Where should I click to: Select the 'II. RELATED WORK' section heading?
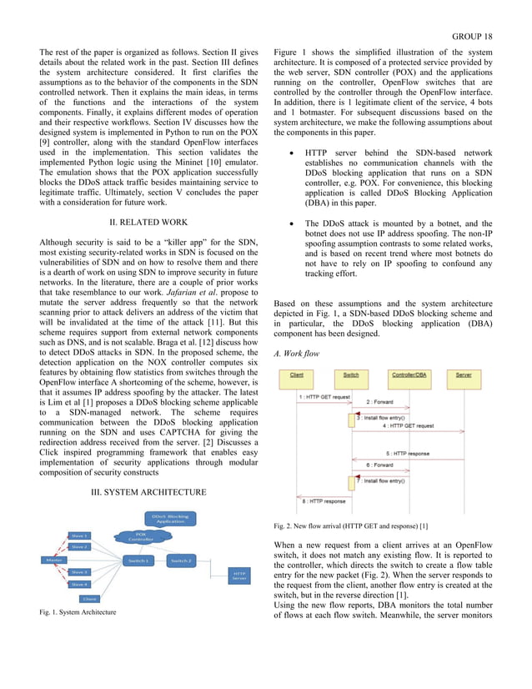148,223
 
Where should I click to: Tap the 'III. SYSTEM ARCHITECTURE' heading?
148,492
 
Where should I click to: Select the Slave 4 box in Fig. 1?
78,585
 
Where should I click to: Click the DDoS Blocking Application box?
170,518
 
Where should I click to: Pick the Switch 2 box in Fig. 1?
181,560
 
